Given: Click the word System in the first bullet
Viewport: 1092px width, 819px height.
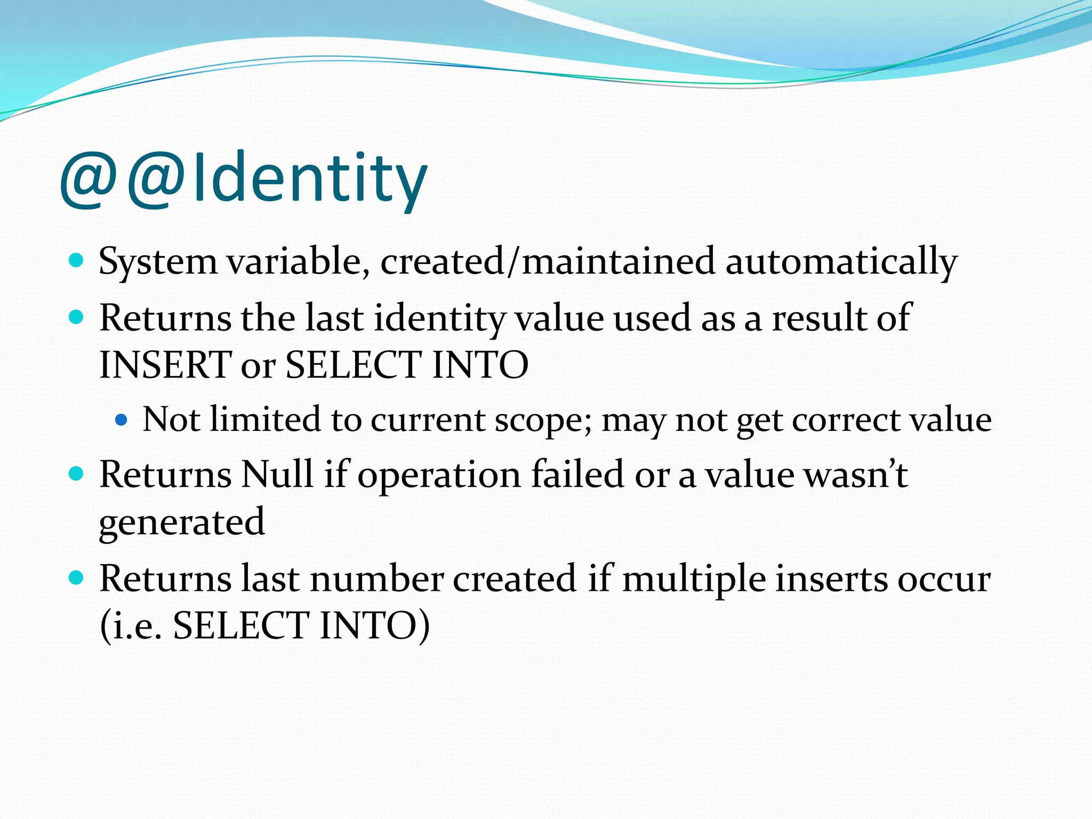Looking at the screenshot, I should point(158,262).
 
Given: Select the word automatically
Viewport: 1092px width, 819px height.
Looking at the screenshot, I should point(841,262).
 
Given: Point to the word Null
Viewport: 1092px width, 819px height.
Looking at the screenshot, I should point(277,474).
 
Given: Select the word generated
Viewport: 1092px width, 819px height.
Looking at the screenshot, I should point(182,522).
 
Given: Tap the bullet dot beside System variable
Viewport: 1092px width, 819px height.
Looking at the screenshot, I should point(77,261).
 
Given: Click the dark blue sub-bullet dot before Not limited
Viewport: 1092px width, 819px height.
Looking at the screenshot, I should point(122,420).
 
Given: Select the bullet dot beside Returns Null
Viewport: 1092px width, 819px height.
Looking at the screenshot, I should point(77,473).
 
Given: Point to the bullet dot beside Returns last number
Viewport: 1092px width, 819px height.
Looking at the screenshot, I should point(77,578).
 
